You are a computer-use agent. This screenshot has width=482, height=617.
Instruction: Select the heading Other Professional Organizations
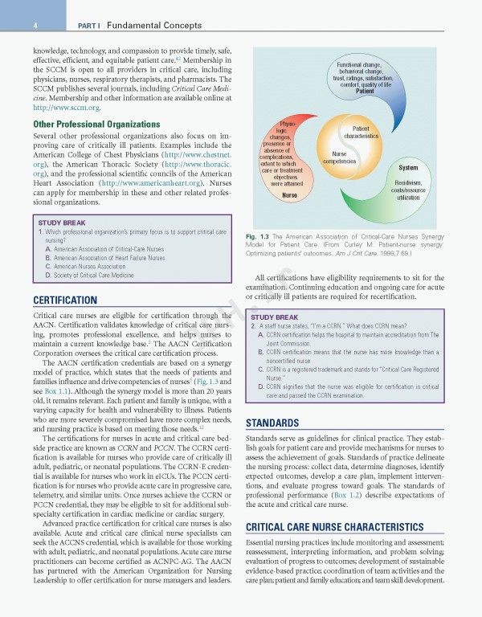pyautogui.click(x=96, y=125)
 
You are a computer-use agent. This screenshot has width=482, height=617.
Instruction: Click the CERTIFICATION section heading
pyautogui.click(x=65, y=300)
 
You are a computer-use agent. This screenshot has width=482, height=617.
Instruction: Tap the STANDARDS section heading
pyautogui.click(x=273, y=423)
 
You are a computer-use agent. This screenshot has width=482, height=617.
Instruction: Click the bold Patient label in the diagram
pyautogui.click(x=364, y=91)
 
